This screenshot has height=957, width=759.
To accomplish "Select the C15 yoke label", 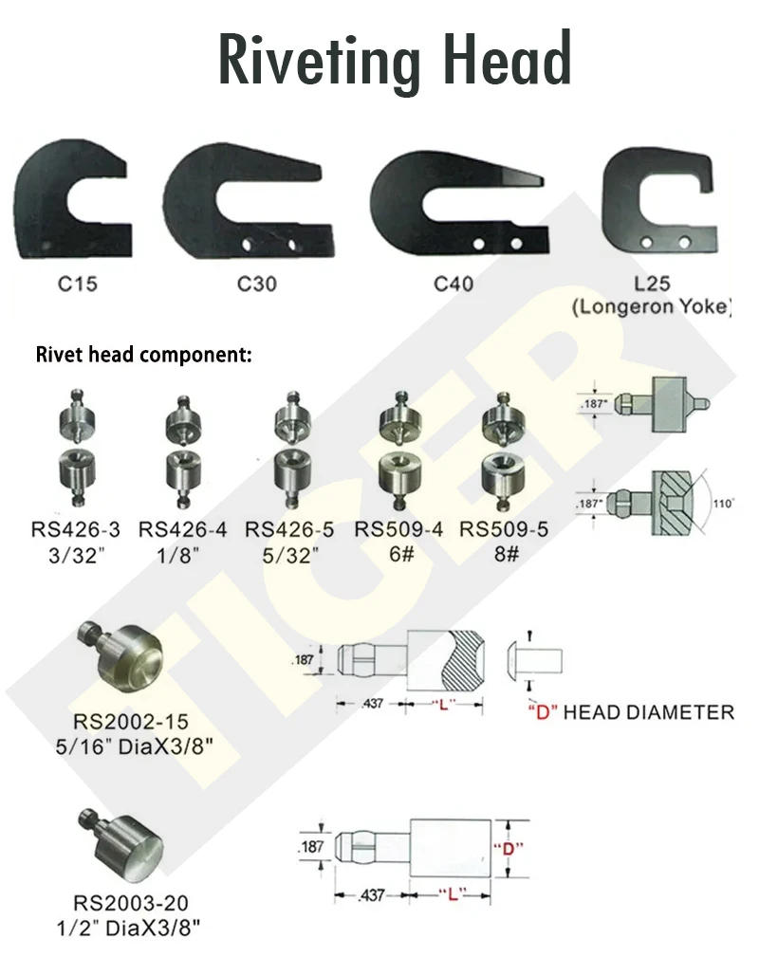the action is pyautogui.click(x=78, y=284).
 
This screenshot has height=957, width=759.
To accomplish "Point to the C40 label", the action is pyautogui.click(x=454, y=284).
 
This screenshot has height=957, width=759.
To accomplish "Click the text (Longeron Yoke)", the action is pyautogui.click(x=651, y=306).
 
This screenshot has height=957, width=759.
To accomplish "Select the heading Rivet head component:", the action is pyautogui.click(x=143, y=355).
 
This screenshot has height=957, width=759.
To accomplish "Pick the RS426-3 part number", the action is pyautogui.click(x=76, y=530).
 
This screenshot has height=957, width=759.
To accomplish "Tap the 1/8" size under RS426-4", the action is pyautogui.click(x=179, y=556).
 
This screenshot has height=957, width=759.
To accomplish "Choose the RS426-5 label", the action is pyautogui.click(x=289, y=530).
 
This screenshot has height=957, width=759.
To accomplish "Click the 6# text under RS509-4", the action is pyautogui.click(x=401, y=555).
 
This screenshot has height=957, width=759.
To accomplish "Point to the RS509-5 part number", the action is pyautogui.click(x=504, y=529).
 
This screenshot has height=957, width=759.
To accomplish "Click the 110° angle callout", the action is pyautogui.click(x=723, y=505).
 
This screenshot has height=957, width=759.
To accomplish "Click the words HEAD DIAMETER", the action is pyautogui.click(x=649, y=712).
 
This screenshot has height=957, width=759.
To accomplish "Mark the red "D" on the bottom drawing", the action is pyautogui.click(x=508, y=848).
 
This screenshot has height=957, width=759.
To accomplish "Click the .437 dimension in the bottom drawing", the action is pyautogui.click(x=373, y=895).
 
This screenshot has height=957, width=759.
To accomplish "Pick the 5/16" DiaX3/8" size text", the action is pyautogui.click(x=135, y=746).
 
